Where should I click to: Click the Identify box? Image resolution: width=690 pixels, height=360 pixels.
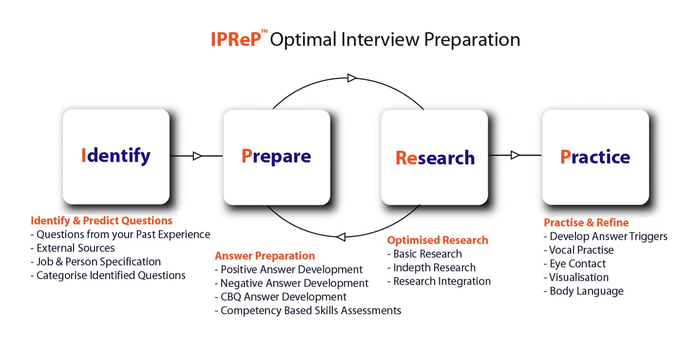coord(116,156)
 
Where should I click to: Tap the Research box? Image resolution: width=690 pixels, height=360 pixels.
coord(434,157)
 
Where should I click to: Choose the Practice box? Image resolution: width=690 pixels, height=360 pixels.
coord(595,157)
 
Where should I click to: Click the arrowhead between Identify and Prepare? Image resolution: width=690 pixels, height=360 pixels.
coord(197,156)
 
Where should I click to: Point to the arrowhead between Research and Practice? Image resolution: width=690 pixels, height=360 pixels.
coord(515,155)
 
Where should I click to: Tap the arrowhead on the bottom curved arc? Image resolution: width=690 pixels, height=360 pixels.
coord(341,237)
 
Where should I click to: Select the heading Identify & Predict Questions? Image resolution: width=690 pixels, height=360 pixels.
coord(101,221)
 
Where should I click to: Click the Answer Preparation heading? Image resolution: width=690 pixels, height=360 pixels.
coord(265,256)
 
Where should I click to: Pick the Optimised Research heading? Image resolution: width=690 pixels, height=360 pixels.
coord(437,240)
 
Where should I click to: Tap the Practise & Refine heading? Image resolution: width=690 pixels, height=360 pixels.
coord(586,223)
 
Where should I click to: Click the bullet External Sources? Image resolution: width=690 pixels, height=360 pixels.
coord(75,248)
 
